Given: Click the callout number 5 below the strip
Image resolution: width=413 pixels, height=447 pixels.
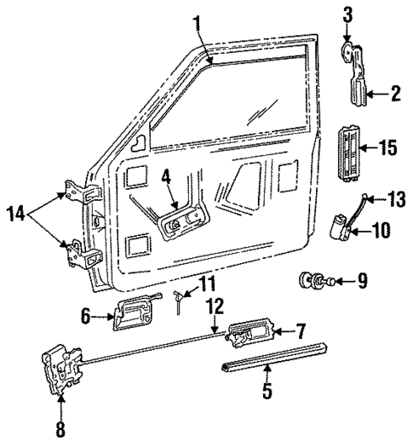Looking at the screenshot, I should [x=267, y=393].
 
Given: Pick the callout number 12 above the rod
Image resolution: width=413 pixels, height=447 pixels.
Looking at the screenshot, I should [x=216, y=303].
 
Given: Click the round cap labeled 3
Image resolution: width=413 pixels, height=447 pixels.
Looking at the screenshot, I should [x=349, y=54].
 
